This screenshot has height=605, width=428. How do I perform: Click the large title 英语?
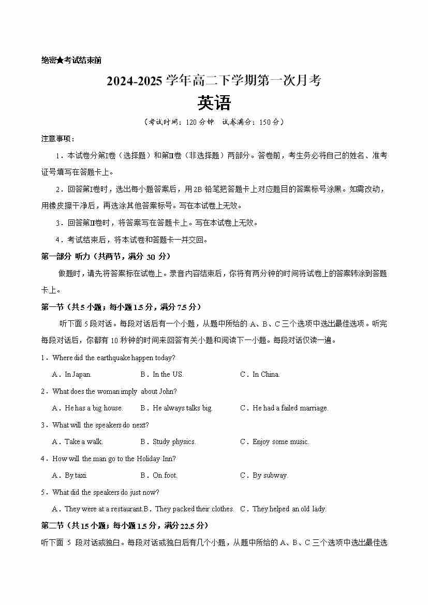coord(214,103)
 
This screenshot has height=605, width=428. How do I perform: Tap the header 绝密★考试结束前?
coord(71,60)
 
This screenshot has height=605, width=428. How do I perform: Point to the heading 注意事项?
coord(57,139)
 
